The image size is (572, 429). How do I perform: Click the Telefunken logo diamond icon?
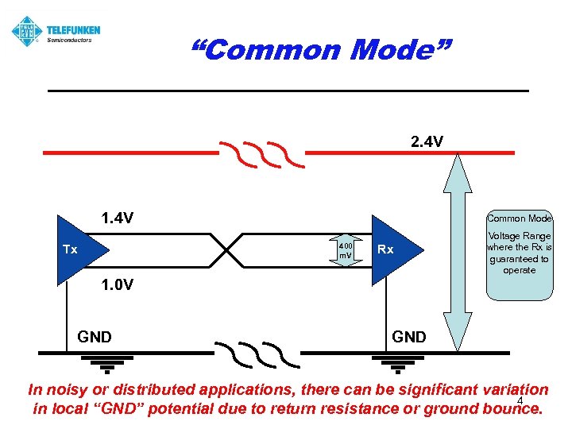[26, 32]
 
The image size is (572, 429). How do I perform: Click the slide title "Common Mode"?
[321, 50]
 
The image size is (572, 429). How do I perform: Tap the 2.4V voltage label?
[427, 142]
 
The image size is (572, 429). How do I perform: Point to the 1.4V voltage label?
[117, 218]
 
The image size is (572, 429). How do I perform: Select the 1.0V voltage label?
[117, 284]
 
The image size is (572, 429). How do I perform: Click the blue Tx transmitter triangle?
[76, 249]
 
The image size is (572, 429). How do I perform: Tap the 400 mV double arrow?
[345, 249]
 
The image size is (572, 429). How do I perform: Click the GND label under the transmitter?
[95, 338]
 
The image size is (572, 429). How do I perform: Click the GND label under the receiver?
[409, 338]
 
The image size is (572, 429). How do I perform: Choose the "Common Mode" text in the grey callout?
[519, 218]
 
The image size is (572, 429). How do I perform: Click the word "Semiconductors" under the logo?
[70, 40]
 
